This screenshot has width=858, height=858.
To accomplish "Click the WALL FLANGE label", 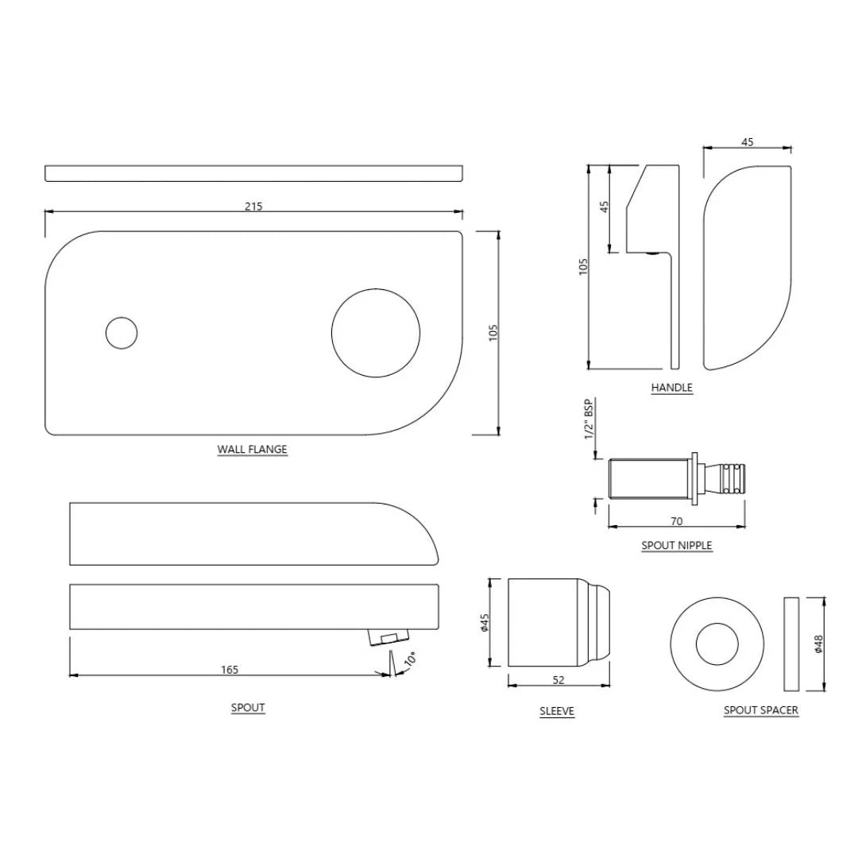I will (x=252, y=450).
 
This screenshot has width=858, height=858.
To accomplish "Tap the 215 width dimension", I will (x=253, y=207).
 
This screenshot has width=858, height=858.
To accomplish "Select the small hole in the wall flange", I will (x=122, y=333).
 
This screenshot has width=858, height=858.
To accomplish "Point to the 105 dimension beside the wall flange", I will (x=492, y=333).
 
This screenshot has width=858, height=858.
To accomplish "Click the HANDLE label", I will (x=671, y=388).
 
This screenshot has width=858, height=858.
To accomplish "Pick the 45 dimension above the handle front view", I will (x=747, y=142).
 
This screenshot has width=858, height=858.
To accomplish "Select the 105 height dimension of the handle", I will (x=583, y=266).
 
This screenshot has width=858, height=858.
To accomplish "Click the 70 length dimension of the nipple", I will (x=677, y=521).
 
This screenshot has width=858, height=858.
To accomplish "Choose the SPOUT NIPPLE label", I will (x=676, y=546).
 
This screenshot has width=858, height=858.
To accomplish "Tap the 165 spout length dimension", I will (x=229, y=670).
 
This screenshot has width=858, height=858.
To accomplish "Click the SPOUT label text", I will (x=248, y=708).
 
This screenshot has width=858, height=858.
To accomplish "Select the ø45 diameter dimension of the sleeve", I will (x=485, y=622).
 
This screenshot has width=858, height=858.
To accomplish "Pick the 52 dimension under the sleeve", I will (x=558, y=679).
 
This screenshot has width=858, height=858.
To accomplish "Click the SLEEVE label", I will (x=557, y=712).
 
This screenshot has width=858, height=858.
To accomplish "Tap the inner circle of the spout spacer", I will (x=717, y=644).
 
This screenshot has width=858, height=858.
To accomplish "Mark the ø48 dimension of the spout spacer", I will (x=818, y=643).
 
